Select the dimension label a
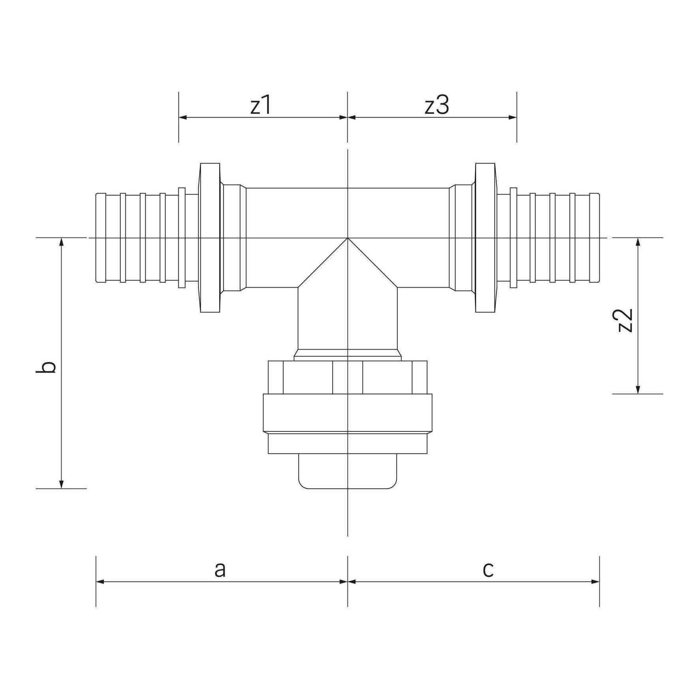(220, 570)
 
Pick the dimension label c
(488, 570)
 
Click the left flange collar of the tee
(210, 238)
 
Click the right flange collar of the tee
(485, 238)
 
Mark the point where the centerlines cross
(348, 238)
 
